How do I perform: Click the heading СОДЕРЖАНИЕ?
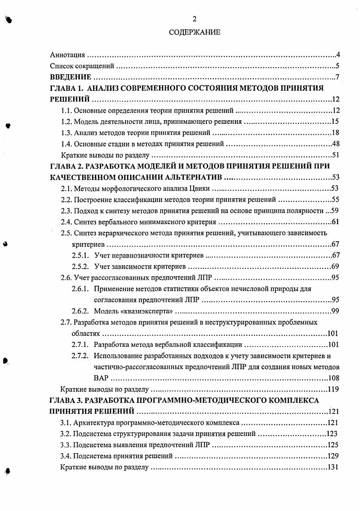[195, 33]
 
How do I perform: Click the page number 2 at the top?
[195, 19]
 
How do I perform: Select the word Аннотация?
[67, 56]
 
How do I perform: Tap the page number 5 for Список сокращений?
[337, 66]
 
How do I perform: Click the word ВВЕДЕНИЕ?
[71, 77]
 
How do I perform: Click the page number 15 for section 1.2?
[335, 122]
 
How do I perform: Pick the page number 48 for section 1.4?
[335, 144]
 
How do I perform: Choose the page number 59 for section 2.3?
[335, 210]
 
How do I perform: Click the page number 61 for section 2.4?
[335, 221]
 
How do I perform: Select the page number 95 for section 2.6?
[335, 277]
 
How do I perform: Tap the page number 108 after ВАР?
[333, 378]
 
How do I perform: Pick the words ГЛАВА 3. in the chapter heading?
[66, 400]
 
